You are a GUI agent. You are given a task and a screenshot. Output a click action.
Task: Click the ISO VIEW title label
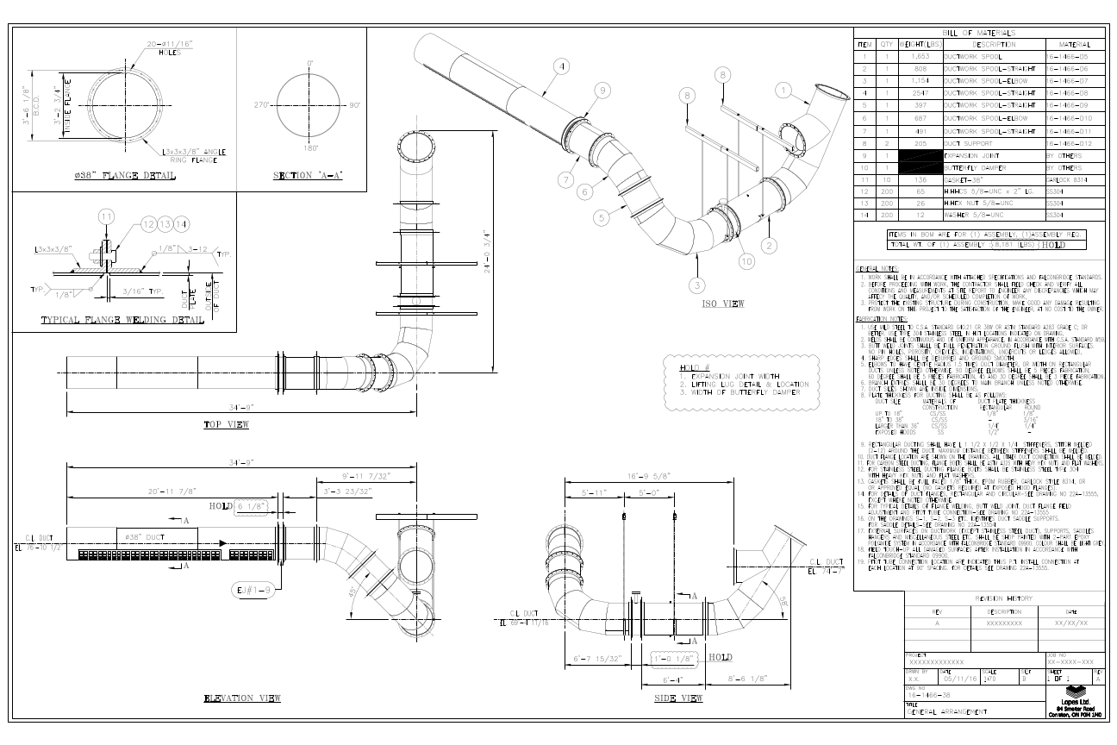coord(722,304)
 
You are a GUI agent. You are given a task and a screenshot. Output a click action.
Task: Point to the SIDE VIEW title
coord(677,697)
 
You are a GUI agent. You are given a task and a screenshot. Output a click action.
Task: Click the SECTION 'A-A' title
coord(308,176)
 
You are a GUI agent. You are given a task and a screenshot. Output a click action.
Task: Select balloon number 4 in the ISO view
coord(562,66)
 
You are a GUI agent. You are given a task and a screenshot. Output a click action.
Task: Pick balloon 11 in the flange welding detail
coord(105,216)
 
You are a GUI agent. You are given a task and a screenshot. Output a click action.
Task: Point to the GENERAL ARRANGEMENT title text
coord(947,711)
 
